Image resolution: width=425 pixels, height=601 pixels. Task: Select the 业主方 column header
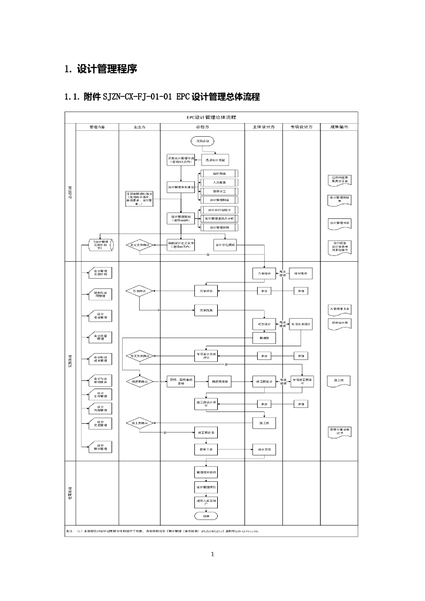(x=139, y=126)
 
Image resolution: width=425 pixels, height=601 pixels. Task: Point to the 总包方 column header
(x=202, y=126)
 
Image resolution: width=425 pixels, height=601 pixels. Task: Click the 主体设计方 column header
(x=264, y=126)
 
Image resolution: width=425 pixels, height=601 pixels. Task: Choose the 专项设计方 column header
(x=301, y=126)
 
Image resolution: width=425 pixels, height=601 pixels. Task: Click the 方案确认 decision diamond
(x=139, y=291)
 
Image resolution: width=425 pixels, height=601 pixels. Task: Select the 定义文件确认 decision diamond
(x=139, y=245)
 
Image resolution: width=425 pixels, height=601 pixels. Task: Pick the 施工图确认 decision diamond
(x=139, y=422)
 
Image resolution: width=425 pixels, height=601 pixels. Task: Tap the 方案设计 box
(x=264, y=274)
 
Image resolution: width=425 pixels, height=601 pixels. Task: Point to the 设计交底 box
(x=264, y=450)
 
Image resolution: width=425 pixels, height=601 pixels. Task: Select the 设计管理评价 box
(x=205, y=487)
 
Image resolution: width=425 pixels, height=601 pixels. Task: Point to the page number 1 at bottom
(x=212, y=553)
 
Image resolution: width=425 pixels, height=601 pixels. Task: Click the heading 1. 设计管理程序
(x=100, y=69)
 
